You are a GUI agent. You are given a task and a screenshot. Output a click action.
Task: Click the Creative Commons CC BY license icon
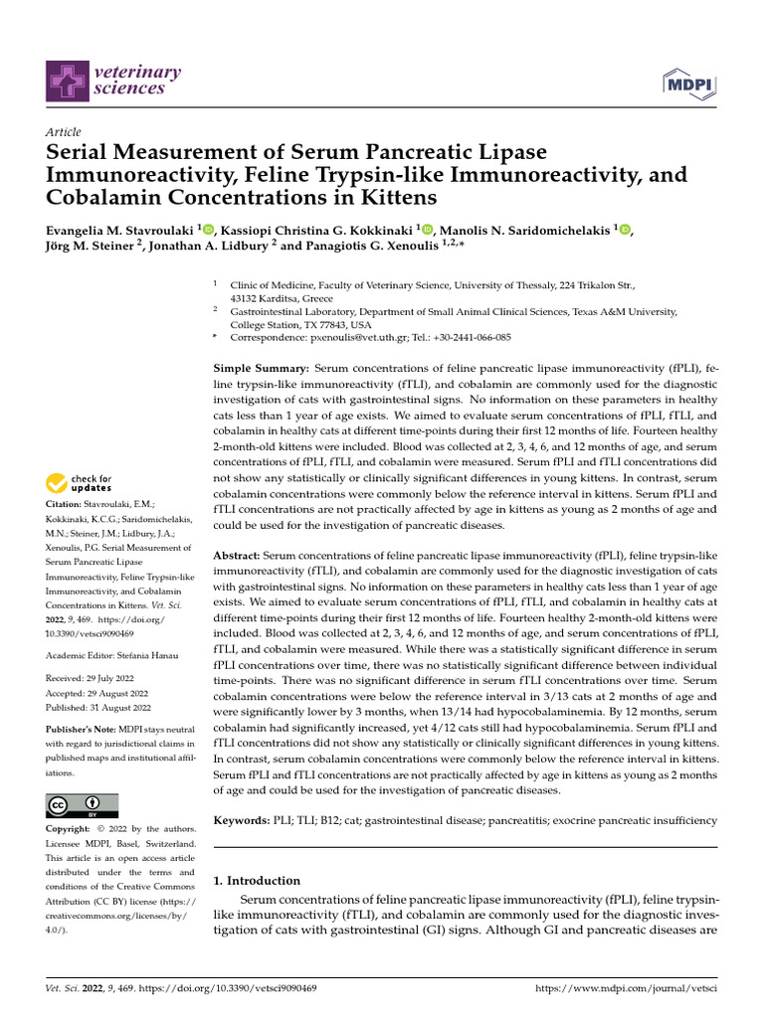click(83, 805)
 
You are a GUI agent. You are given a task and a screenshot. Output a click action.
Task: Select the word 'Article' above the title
click(64, 132)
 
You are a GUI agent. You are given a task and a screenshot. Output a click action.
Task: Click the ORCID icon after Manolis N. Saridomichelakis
click(625, 229)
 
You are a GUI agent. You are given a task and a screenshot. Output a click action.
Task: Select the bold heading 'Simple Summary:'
click(262, 368)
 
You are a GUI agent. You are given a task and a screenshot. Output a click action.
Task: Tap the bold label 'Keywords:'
click(242, 820)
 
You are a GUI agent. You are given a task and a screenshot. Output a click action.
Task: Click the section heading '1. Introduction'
click(258, 880)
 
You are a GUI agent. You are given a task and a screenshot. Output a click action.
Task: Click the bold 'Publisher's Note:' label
click(80, 729)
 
